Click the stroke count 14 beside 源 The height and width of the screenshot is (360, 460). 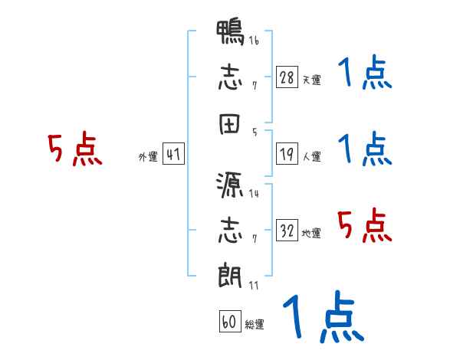pyautogui.click(x=254, y=193)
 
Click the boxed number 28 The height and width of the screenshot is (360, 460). pyautogui.click(x=287, y=78)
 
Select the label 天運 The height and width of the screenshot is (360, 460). pyautogui.click(x=311, y=80)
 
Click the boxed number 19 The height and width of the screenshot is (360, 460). pyautogui.click(x=287, y=155)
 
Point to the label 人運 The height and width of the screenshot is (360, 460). pyautogui.click(x=311, y=156)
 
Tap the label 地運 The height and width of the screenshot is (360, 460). pyautogui.click(x=311, y=233)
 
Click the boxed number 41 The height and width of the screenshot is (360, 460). pyautogui.click(x=173, y=155)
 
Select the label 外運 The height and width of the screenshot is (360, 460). pyautogui.click(x=148, y=156)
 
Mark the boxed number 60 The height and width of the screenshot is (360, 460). pyautogui.click(x=229, y=322)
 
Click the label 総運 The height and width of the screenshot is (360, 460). pyautogui.click(x=255, y=324)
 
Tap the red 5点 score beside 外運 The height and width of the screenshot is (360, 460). pyautogui.click(x=74, y=149)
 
